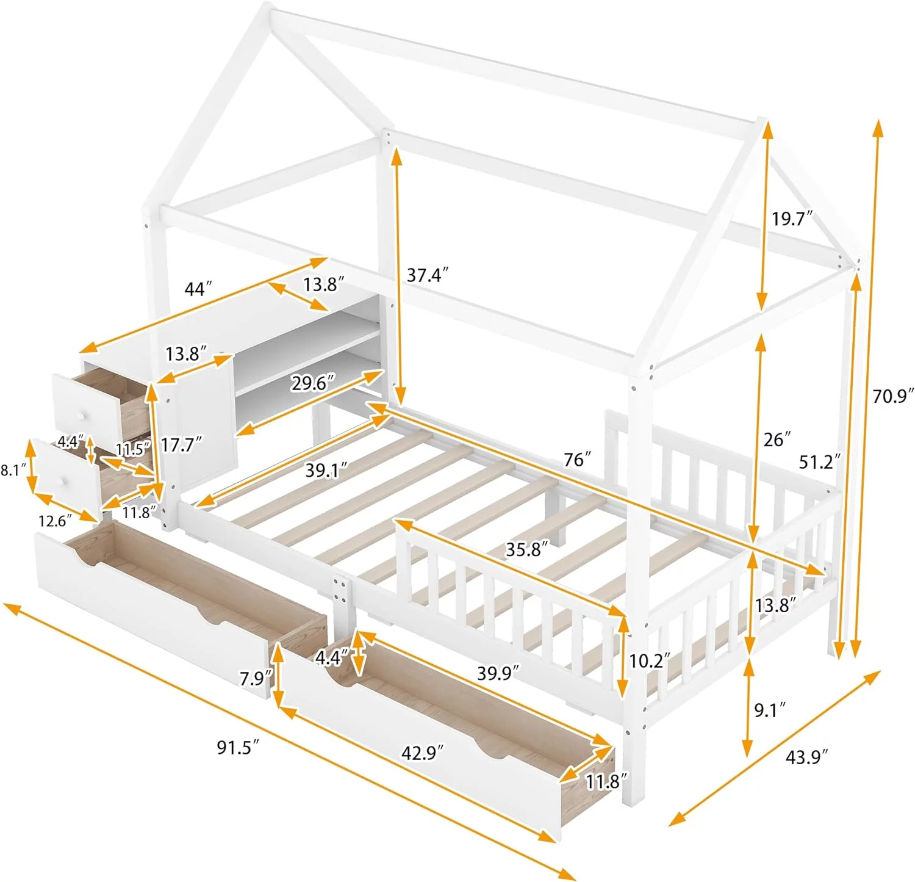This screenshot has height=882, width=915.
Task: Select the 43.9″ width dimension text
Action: pyautogui.click(x=807, y=757)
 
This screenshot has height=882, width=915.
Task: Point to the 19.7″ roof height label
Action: pyautogui.click(x=792, y=218)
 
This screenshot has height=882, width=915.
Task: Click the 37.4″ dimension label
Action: pyautogui.click(x=428, y=275)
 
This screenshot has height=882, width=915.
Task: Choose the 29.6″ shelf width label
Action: pyautogui.click(x=313, y=383)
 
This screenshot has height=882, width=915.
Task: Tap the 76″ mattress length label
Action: pyautogui.click(x=577, y=459)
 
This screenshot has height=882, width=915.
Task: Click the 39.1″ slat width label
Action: pyautogui.click(x=326, y=470)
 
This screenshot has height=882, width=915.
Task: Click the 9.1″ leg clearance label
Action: pyautogui.click(x=770, y=710)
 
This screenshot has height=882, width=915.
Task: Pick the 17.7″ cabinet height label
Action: pyautogui.click(x=182, y=444)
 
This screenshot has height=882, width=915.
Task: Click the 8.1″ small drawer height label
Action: pyautogui.click(x=13, y=470)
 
